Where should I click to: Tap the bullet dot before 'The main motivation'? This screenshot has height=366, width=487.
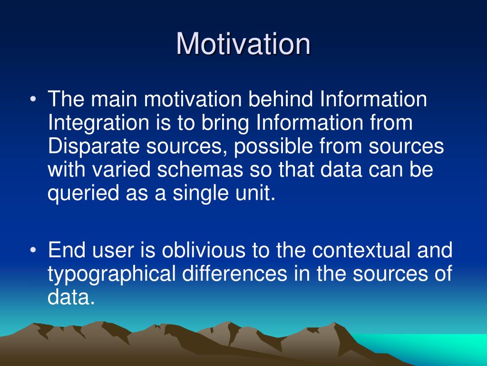tap(33, 100)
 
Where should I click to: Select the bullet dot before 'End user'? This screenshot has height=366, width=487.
tap(33, 250)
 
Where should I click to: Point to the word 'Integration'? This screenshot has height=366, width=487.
tap(98, 123)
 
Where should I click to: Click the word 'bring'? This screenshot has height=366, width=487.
tap(225, 123)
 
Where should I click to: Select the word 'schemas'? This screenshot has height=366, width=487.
tap(200, 170)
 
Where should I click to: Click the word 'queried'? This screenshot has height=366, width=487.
tap(83, 193)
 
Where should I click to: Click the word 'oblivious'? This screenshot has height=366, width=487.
tap(204, 250)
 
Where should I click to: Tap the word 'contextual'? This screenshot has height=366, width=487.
tap(361, 250)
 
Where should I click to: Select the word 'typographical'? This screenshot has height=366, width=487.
tap(111, 274)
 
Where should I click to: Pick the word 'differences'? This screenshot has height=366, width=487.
tap(234, 274)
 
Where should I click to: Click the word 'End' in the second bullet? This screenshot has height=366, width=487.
tap(67, 250)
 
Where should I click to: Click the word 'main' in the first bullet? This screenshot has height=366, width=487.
tap(114, 99)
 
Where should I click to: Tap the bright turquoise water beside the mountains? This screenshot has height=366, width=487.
tap(435, 346)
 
